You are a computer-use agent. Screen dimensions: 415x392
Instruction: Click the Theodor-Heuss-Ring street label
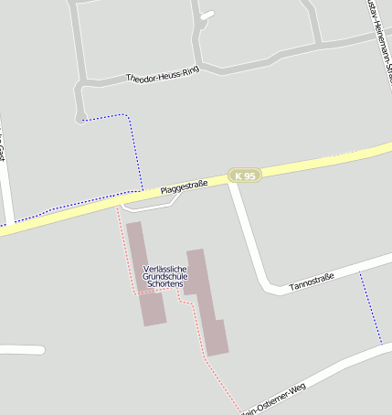point(163,75)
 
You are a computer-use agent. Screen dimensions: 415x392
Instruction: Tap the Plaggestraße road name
point(185,186)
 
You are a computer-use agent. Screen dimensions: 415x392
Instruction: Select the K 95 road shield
point(244,176)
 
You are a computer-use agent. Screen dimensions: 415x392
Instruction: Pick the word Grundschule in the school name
point(164,276)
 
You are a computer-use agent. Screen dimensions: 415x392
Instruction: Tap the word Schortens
point(164,284)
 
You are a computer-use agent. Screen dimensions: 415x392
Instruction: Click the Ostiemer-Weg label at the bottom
point(275,399)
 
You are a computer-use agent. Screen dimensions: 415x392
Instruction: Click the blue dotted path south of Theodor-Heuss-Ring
point(137,146)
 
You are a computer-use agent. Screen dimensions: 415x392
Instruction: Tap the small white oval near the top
point(207,15)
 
